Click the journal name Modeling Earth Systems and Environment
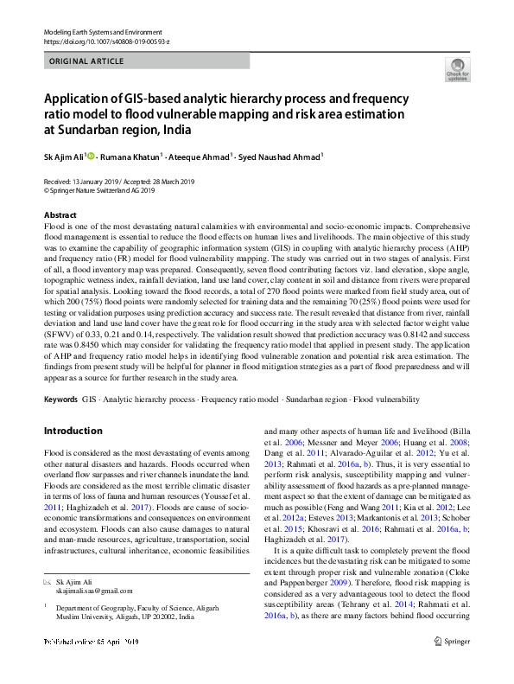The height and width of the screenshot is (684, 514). pyautogui.click(x=96, y=31)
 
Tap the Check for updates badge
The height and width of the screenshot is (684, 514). pyautogui.click(x=457, y=71)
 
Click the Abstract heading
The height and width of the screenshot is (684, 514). pyautogui.click(x=60, y=214)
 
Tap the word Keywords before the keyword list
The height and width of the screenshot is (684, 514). pyautogui.click(x=60, y=400)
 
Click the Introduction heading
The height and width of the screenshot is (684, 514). pyautogui.click(x=73, y=430)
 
